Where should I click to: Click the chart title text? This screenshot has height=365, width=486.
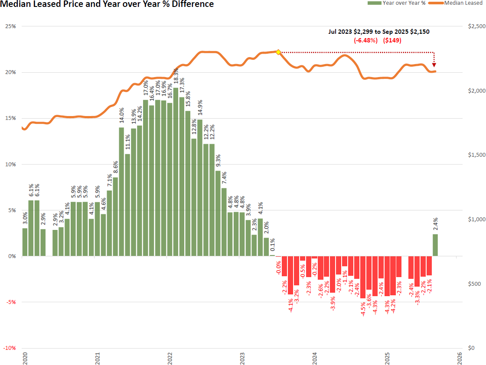(107, 4)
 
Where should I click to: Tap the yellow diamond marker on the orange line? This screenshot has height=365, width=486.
(278, 52)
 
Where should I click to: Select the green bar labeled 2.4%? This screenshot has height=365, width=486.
(435, 245)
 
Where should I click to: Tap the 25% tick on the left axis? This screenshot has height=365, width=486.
(10, 26)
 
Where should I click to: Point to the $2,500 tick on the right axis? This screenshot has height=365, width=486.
(476, 26)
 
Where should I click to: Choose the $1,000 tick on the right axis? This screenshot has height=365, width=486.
(476, 220)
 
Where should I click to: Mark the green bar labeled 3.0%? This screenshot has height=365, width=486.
(25, 242)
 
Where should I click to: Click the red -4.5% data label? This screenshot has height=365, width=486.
(363, 308)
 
